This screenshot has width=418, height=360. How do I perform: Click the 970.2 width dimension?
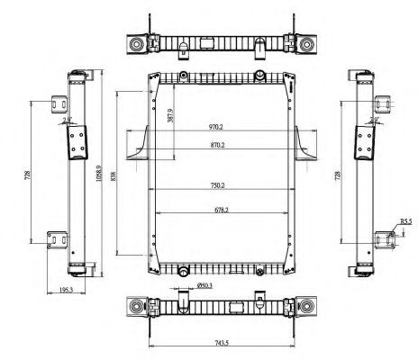point(215,128)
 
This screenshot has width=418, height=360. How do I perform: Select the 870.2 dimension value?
point(215,145)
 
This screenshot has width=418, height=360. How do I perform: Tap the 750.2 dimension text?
point(215,187)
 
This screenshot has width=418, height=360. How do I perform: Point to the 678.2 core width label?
point(215,210)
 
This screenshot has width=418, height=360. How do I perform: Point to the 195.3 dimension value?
point(66,289)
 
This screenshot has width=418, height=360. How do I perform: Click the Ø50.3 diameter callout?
point(205,286)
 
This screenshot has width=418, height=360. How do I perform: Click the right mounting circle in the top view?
point(308,45)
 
